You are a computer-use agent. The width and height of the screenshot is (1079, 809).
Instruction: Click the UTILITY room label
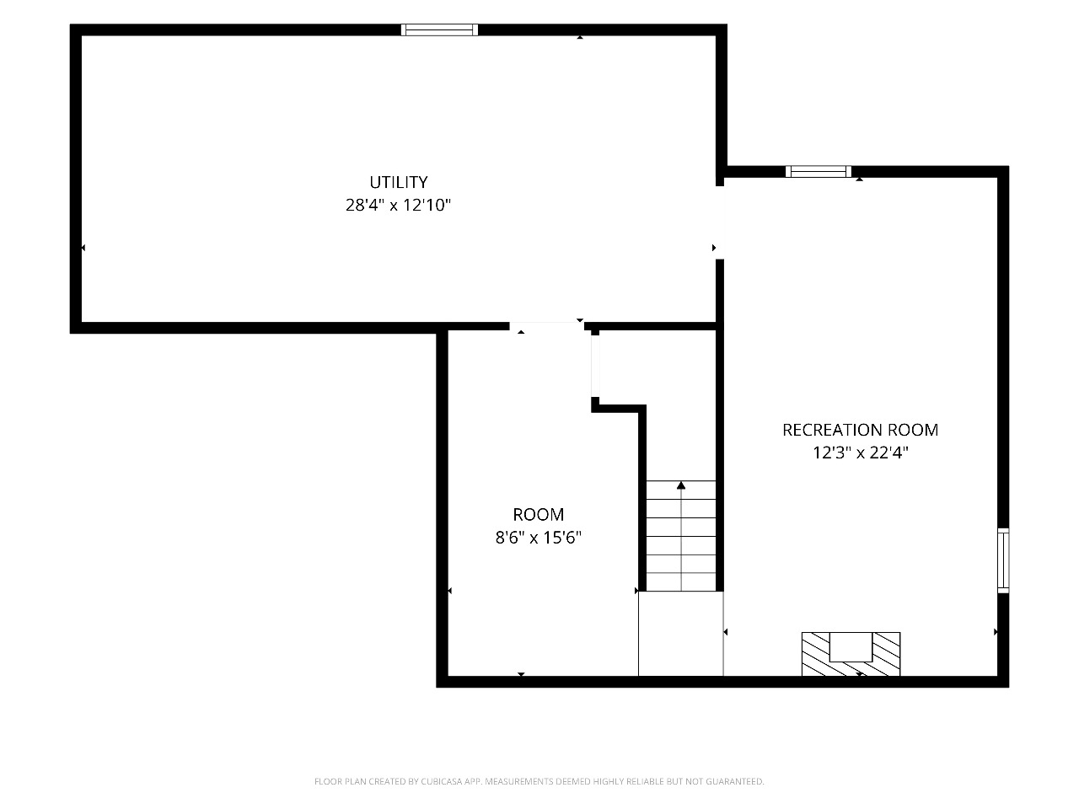398,182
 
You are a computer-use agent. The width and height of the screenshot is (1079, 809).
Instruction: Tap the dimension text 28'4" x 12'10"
398,205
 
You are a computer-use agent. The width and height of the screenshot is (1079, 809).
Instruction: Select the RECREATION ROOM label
861,430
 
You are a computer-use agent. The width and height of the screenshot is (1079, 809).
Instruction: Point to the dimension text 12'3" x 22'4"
861,453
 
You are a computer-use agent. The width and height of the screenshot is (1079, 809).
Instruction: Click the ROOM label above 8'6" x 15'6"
539,514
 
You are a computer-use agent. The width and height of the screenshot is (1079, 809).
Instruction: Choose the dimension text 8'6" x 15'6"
539,538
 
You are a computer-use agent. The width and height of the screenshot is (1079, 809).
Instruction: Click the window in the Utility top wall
439,30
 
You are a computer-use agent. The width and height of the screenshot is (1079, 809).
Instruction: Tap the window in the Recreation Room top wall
819,171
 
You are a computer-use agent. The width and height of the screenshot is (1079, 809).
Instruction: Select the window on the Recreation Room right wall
1003,560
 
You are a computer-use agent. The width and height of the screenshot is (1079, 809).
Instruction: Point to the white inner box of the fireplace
851,647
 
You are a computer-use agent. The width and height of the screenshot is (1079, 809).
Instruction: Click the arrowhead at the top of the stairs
681,485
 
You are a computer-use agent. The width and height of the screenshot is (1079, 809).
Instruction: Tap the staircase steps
681,535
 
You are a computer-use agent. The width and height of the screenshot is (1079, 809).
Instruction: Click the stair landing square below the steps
681,633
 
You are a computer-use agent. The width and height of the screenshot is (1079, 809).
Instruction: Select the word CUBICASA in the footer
440,781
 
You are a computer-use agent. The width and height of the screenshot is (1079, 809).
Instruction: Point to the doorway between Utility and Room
546,326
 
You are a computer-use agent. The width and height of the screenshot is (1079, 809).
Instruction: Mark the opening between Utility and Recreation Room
720,222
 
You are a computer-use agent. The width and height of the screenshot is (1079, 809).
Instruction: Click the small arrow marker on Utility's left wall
83,248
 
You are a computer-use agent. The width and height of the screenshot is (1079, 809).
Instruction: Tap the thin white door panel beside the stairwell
595,366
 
